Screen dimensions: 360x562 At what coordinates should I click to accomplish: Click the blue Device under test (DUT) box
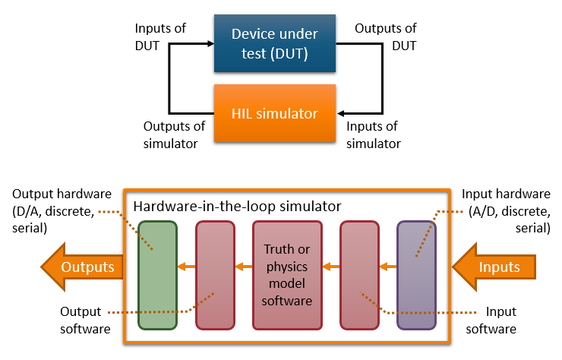click(274, 44)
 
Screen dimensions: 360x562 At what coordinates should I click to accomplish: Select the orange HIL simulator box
click(274, 113)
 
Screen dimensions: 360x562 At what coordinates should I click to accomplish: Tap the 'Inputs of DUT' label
click(159, 36)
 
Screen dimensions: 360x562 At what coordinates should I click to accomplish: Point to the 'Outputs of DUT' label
click(386, 36)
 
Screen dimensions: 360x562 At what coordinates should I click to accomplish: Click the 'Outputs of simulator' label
click(170, 134)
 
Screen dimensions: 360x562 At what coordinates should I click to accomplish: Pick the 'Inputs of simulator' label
click(373, 134)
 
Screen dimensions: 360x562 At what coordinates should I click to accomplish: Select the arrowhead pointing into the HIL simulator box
click(340, 113)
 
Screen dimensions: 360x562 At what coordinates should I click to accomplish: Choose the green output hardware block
click(157, 275)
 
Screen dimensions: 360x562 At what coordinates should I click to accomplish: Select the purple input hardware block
click(416, 275)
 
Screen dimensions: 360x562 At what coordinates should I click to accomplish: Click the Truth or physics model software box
click(287, 275)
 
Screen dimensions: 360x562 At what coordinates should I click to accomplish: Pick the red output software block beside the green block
click(215, 275)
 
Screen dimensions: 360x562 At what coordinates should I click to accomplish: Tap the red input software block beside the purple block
click(359, 275)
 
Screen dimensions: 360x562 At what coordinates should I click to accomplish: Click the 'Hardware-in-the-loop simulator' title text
click(237, 206)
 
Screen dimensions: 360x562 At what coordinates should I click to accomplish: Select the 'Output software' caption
click(84, 321)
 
